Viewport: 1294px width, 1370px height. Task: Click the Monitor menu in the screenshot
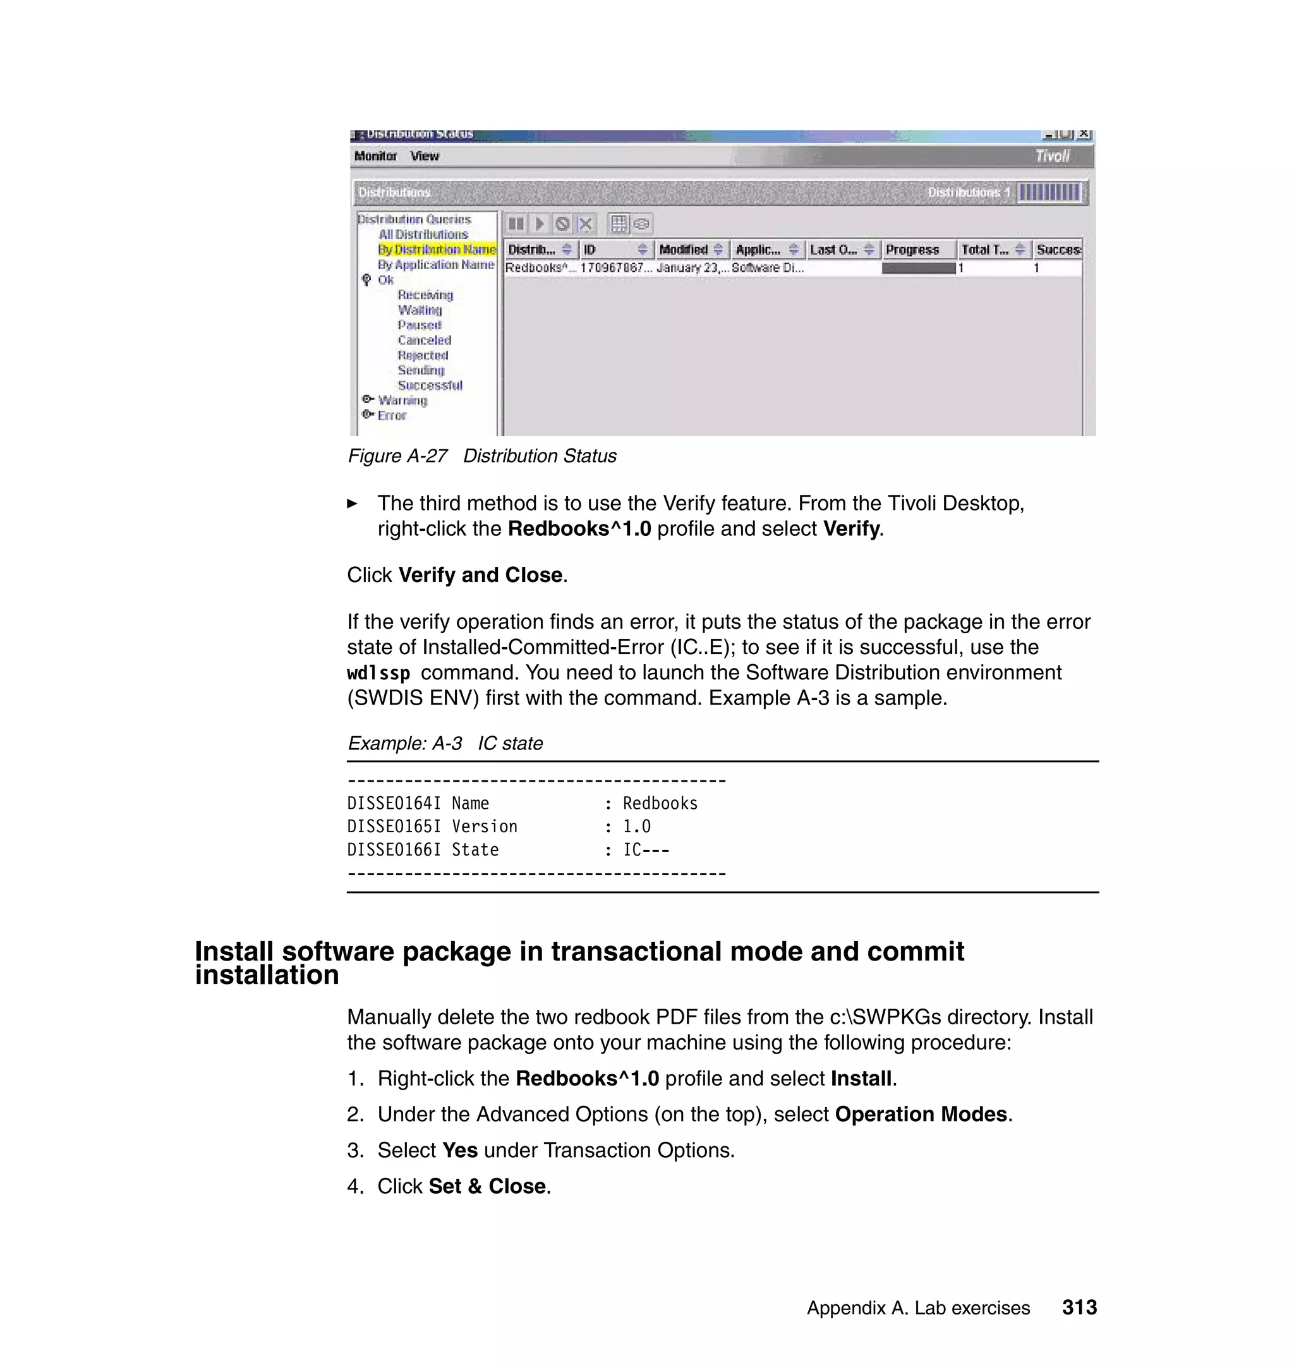coord(375,157)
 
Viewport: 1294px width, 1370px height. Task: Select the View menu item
coord(424,157)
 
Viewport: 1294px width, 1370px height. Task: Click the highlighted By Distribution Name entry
coord(437,250)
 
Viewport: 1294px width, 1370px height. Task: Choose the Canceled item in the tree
coord(424,340)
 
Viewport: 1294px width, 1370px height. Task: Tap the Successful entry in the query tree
coord(430,385)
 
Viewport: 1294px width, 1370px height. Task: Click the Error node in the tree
coord(391,416)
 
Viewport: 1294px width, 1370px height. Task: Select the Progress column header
coord(912,250)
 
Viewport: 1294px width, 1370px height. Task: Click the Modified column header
coord(683,250)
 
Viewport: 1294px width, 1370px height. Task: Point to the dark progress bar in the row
coord(918,269)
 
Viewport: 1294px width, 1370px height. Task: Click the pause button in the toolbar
coord(515,224)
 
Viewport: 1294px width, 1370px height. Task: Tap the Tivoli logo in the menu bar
coord(1052,157)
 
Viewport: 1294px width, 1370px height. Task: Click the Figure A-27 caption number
coord(398,457)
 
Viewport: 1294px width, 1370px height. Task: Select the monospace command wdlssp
coord(378,673)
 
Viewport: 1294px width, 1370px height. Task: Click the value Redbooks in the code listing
coord(660,804)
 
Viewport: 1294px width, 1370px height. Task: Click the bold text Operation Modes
coord(921,1115)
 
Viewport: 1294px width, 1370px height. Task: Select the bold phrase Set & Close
coord(487,1187)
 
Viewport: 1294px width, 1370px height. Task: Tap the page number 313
coord(1079,1308)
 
